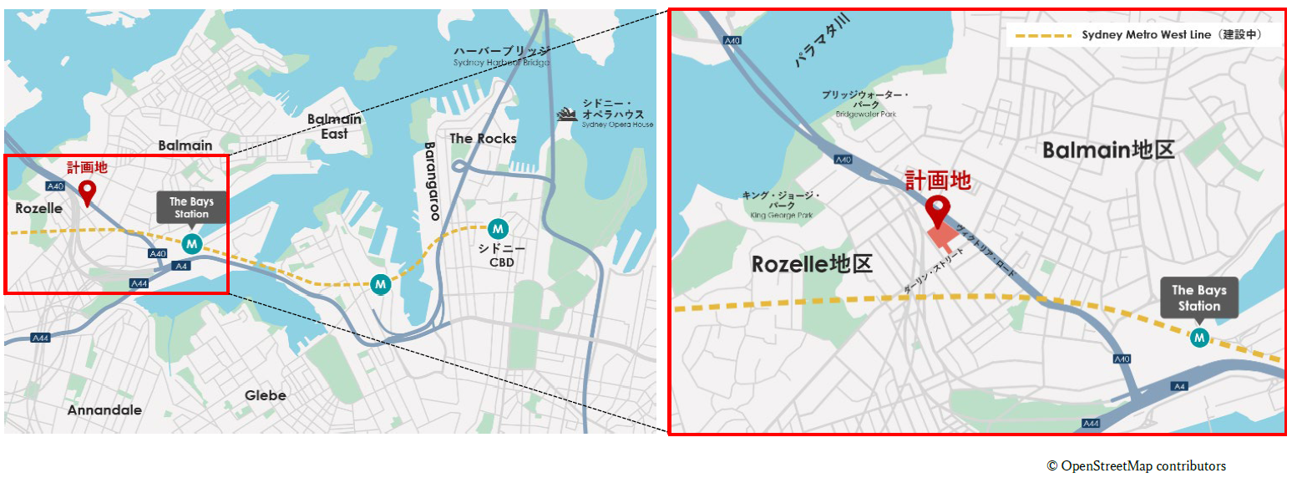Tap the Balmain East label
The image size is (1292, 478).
(334, 126)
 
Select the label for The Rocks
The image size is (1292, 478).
(483, 139)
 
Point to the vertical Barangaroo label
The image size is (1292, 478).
(432, 181)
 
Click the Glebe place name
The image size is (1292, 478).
(266, 395)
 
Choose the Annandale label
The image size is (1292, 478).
(104, 410)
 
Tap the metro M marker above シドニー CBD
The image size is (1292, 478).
(498, 227)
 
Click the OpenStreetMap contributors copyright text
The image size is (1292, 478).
(1137, 466)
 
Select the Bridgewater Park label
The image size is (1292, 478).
(865, 104)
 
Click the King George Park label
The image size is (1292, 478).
(781, 205)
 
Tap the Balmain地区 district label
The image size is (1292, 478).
(1108, 150)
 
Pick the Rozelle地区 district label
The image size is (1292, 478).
(812, 265)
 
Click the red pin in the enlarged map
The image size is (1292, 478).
(938, 210)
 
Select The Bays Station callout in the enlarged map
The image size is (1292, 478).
(1198, 298)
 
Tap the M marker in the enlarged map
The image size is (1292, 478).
(1199, 338)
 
